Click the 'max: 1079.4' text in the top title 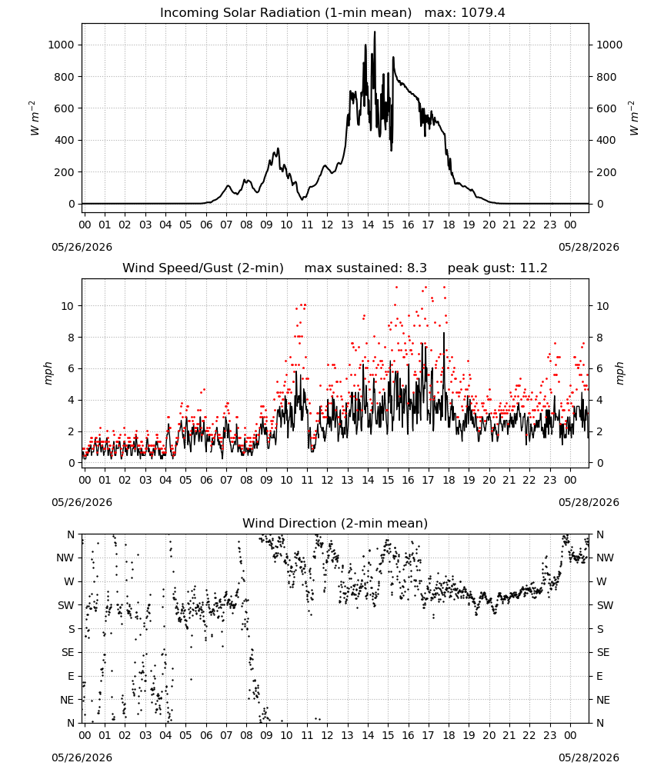pyautogui.click(x=465, y=13)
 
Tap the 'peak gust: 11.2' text pyautogui.click(x=498, y=268)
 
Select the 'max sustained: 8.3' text pyautogui.click(x=365, y=268)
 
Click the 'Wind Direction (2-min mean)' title pyautogui.click(x=335, y=523)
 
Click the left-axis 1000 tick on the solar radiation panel pyautogui.click(x=61, y=45)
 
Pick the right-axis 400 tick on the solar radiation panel pyautogui.click(x=606, y=140)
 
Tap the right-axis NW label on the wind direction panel pyautogui.click(x=605, y=558)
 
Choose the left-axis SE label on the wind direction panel pyautogui.click(x=68, y=653)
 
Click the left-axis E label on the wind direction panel pyautogui.click(x=71, y=676)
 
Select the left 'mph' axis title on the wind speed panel pyautogui.click(x=48, y=373)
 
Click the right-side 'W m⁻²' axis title pyautogui.click(x=634, y=118)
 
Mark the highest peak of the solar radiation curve pyautogui.click(x=375, y=32)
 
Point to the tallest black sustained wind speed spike pyautogui.click(x=444, y=334)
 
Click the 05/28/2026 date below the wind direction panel pyautogui.click(x=589, y=757)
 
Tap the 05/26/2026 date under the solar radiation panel pyautogui.click(x=82, y=247)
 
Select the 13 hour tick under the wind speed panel pyautogui.click(x=347, y=480)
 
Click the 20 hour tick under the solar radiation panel pyautogui.click(x=489, y=225)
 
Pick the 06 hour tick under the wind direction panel pyautogui.click(x=206, y=736)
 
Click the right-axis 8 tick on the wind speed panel pyautogui.click(x=599, y=338)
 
